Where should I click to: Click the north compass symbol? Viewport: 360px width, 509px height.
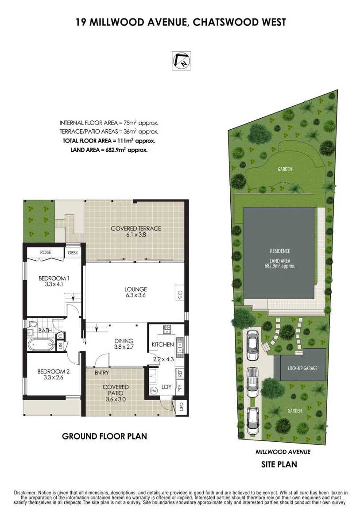pyautogui.click(x=182, y=60)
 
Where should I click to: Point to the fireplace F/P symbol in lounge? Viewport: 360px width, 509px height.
pyautogui.click(x=180, y=293)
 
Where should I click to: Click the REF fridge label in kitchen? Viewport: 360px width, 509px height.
pyautogui.click(x=181, y=373)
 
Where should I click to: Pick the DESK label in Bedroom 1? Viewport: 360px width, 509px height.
pyautogui.click(x=73, y=253)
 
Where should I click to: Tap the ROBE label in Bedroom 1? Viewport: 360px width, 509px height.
pyautogui.click(x=46, y=252)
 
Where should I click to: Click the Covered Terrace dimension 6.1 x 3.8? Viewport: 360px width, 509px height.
pyautogui.click(x=135, y=235)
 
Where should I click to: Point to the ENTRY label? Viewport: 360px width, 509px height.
pyautogui.click(x=101, y=373)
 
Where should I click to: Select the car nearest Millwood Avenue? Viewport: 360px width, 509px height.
pyautogui.click(x=252, y=420)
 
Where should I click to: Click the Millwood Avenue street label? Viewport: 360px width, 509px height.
pyautogui.click(x=283, y=451)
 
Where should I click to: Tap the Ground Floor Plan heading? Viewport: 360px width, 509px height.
pyautogui.click(x=105, y=436)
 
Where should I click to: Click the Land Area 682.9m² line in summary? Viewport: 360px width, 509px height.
pyautogui.click(x=109, y=150)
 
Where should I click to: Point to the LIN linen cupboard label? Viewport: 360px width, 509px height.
pyautogui.click(x=60, y=346)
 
